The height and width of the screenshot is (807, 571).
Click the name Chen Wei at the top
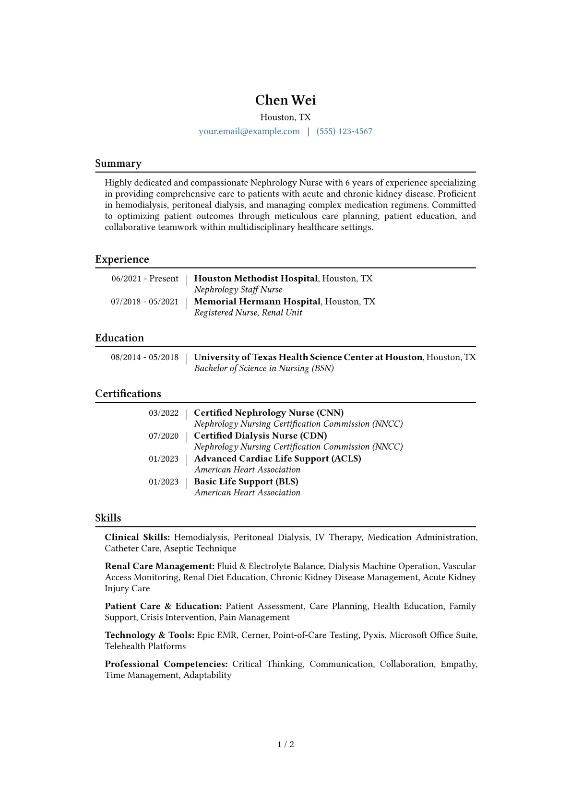click(x=285, y=100)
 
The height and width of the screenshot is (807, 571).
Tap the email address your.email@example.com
click(x=249, y=131)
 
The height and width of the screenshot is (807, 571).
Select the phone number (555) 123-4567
click(x=344, y=131)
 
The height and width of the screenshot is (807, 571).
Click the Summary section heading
click(x=118, y=164)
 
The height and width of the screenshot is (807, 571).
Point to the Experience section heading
click(x=122, y=259)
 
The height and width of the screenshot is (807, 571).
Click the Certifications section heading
click(x=128, y=394)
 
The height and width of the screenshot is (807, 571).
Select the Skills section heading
click(x=108, y=518)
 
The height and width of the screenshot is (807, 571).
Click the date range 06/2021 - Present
click(x=145, y=279)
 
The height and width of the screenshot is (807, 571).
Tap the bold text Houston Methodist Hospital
click(x=256, y=279)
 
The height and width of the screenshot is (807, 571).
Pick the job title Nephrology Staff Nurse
click(x=238, y=290)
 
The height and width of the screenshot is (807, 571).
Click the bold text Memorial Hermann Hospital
click(x=257, y=302)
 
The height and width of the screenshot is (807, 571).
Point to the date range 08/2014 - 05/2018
click(x=144, y=357)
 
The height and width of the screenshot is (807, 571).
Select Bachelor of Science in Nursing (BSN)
click(x=264, y=368)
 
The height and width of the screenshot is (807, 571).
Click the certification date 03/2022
click(x=164, y=413)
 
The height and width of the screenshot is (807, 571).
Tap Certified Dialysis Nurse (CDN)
click(x=260, y=436)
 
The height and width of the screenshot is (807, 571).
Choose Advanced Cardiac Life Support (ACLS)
click(x=277, y=459)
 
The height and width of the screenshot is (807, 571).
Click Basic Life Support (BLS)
click(x=246, y=482)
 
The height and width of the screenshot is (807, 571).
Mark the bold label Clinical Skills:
click(x=137, y=538)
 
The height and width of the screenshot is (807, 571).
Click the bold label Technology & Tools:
click(x=150, y=635)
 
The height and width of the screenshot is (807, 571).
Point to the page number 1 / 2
click(x=285, y=744)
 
